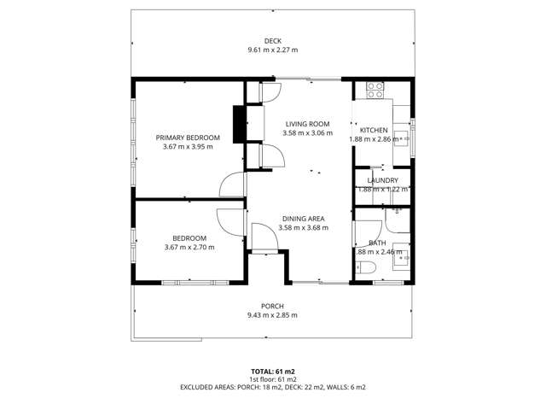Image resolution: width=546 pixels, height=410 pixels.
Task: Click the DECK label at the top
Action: (272, 41)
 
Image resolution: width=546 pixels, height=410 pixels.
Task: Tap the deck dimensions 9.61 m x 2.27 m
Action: (272, 50)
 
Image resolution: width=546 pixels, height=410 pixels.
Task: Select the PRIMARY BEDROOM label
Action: (188, 138)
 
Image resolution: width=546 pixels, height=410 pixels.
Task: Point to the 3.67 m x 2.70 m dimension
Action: (189, 248)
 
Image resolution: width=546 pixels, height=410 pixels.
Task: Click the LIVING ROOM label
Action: (306, 124)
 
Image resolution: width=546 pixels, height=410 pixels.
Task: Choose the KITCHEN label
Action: (373, 130)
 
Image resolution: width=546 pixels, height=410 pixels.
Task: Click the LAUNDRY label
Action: (382, 180)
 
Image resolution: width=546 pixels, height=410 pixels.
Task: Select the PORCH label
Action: (272, 306)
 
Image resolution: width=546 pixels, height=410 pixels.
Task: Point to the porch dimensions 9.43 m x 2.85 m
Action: (272, 315)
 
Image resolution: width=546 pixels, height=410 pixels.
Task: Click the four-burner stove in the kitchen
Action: (375, 88)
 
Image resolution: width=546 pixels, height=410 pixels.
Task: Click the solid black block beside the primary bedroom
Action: (239, 121)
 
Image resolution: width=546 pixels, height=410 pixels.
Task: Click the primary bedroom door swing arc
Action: (230, 184)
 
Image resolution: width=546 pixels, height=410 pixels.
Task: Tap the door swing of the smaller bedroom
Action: (230, 220)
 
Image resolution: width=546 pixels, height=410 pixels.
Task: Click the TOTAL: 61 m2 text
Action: (272, 371)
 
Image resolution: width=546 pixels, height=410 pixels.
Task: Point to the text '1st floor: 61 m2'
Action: (272, 378)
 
